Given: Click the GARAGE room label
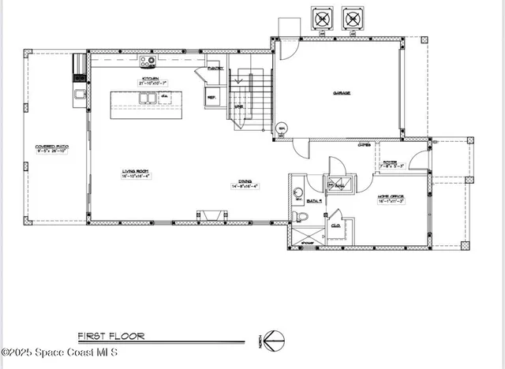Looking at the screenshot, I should pyautogui.click(x=341, y=92).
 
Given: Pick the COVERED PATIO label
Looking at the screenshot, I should pyautogui.click(x=50, y=147).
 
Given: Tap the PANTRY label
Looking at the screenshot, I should pyautogui.click(x=215, y=69).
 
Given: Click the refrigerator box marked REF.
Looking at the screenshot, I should pyautogui.click(x=211, y=98).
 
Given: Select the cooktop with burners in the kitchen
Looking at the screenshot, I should pyautogui.click(x=148, y=61).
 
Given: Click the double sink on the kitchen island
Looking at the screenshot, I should pyautogui.click(x=147, y=99).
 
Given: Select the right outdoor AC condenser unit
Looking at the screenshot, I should pyautogui.click(x=352, y=17).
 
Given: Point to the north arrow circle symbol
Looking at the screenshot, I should pyautogui.click(x=272, y=338).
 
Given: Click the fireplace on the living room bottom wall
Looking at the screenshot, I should pyautogui.click(x=210, y=215).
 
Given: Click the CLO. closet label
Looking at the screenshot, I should pyautogui.click(x=336, y=225).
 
